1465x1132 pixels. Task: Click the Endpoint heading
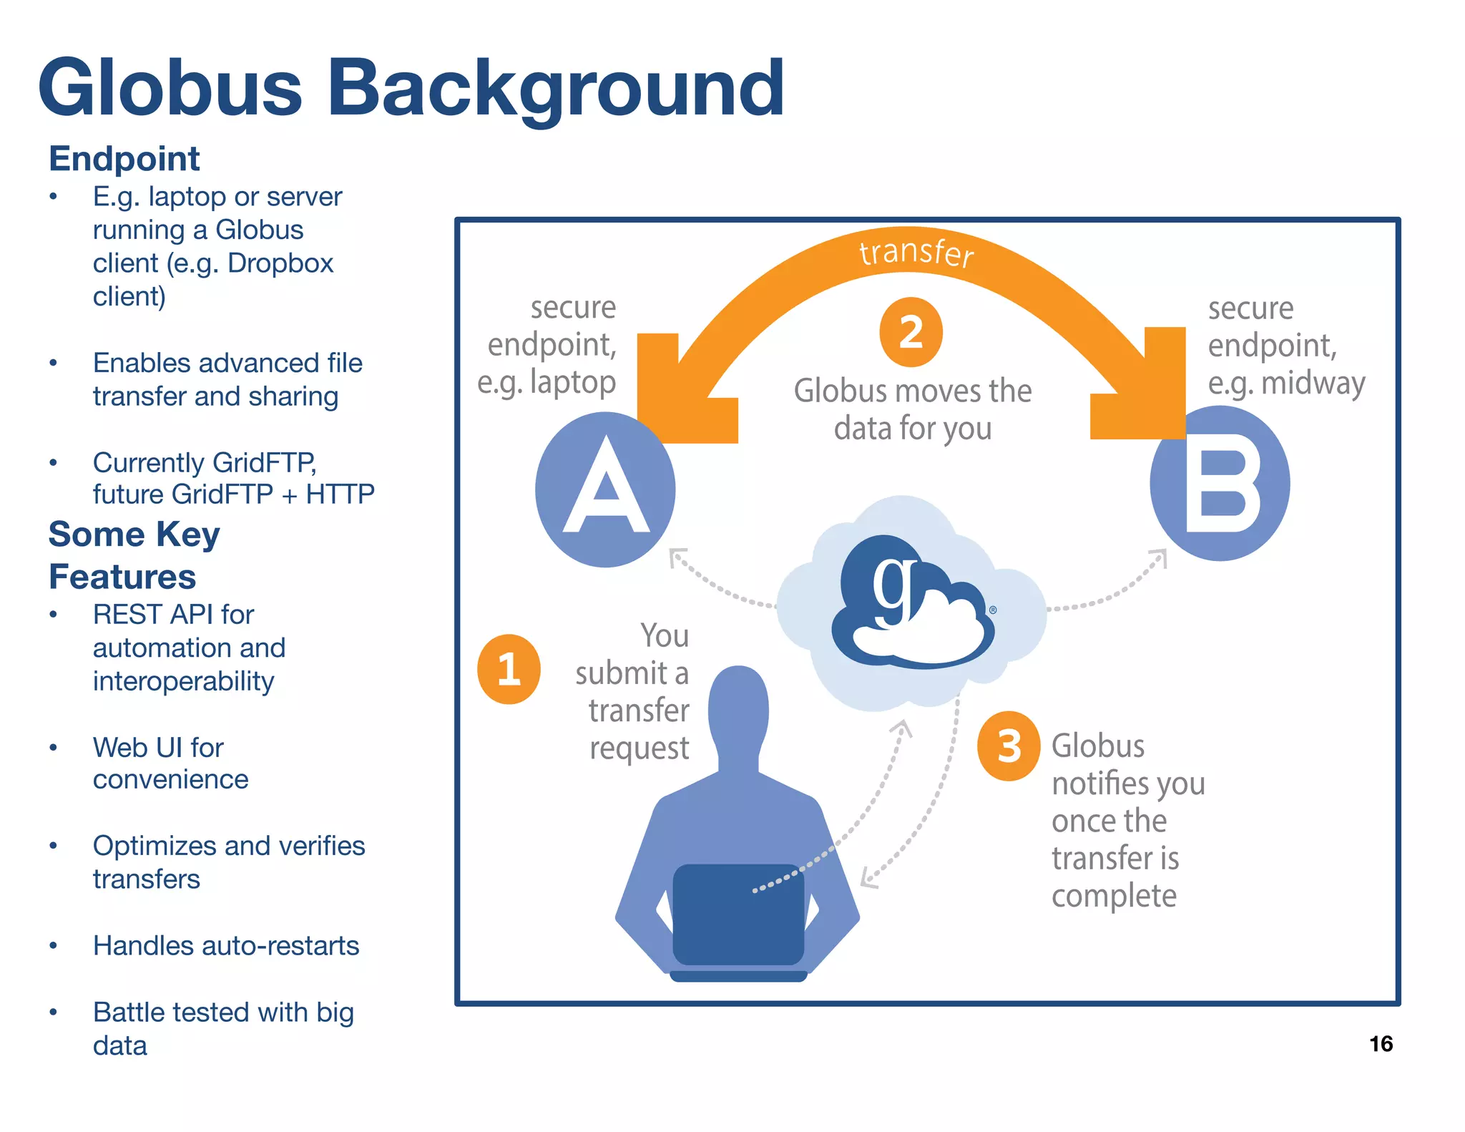click(124, 158)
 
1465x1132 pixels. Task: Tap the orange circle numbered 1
click(509, 669)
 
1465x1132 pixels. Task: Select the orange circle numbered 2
click(911, 332)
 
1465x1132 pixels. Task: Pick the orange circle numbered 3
click(1009, 746)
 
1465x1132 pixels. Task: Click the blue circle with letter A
click(605, 490)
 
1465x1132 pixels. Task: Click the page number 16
click(1381, 1044)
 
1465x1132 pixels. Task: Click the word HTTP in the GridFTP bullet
click(340, 494)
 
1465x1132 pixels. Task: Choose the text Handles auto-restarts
click(226, 946)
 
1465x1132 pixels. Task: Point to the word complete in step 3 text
click(1114, 896)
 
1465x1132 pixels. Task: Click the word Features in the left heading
click(122, 577)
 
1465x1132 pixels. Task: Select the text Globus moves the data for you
click(913, 409)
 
